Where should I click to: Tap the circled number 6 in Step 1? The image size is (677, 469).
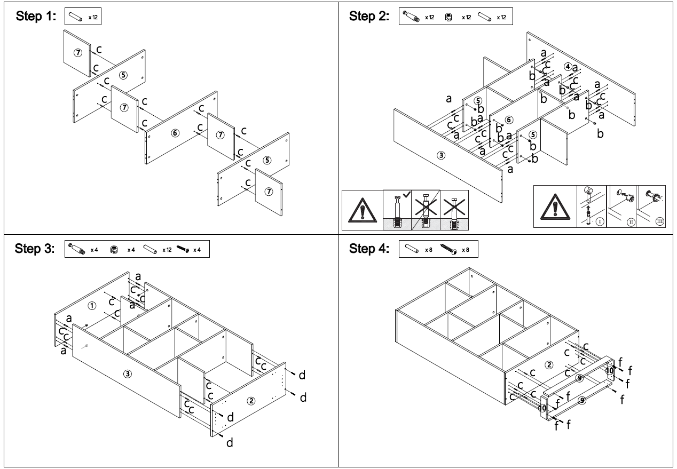tap(175, 132)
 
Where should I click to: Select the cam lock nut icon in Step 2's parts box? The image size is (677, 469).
tap(452, 17)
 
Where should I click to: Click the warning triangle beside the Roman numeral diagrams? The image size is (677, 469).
tap(554, 207)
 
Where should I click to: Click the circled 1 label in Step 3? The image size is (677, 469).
tap(92, 306)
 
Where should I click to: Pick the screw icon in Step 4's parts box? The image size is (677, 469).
tap(451, 249)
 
